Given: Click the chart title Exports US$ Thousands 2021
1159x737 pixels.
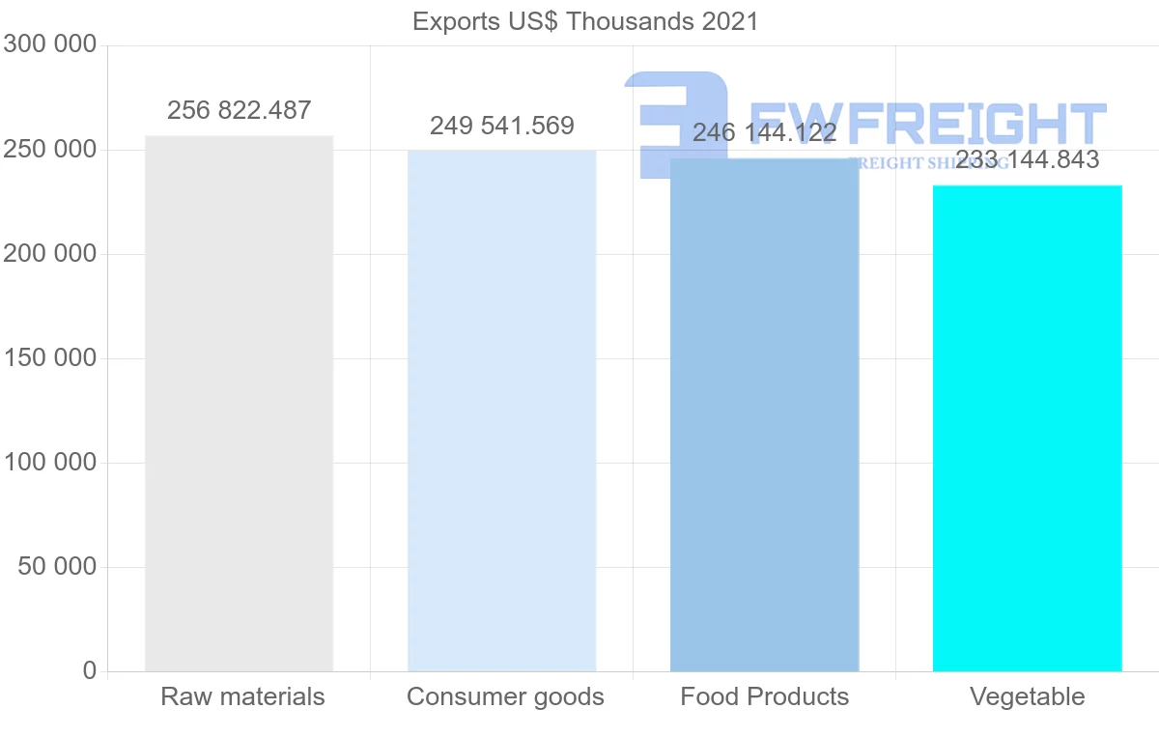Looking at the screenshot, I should tap(585, 21).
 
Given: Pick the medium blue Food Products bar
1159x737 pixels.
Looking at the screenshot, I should tap(764, 415).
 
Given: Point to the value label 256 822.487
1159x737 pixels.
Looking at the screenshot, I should tap(239, 110).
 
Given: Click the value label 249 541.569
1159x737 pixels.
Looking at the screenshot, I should tap(501, 126).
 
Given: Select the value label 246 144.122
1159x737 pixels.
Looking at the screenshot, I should tap(764, 132).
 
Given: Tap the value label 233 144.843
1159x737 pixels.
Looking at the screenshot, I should tap(1027, 159).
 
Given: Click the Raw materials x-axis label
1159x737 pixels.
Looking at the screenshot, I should tap(242, 696).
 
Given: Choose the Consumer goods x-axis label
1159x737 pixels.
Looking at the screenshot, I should tap(505, 696).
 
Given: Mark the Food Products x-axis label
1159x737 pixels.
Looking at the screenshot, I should tap(764, 696).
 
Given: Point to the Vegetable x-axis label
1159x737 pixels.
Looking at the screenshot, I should tap(1027, 696).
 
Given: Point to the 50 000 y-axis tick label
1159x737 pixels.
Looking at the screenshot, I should tap(57, 567).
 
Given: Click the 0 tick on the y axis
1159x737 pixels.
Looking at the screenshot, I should tap(89, 670).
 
